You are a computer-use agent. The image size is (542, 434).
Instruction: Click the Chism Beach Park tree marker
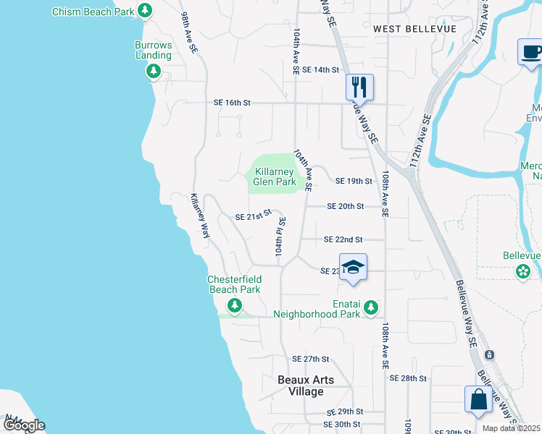[145, 11]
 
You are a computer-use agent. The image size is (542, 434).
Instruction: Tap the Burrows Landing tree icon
[153, 71]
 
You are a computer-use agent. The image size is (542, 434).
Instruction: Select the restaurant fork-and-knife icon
[359, 88]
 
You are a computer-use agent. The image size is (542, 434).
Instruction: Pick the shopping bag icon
[478, 400]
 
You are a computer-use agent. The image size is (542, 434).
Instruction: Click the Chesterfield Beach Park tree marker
[233, 305]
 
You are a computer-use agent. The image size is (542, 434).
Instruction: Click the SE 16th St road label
[232, 103]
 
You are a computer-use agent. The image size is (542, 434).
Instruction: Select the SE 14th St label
[321, 69]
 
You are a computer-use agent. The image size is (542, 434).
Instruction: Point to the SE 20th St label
[345, 206]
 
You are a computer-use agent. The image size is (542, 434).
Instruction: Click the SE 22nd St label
[343, 239]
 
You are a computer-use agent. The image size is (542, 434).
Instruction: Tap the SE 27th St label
[310, 359]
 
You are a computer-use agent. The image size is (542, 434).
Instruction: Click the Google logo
[23, 425]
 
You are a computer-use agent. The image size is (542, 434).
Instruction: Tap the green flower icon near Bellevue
[522, 272]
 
